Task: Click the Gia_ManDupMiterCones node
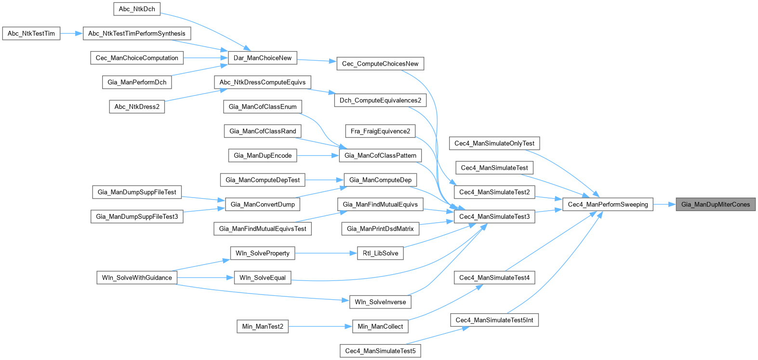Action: click(716, 204)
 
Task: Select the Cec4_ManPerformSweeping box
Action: click(608, 204)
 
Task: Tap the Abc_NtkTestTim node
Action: click(31, 34)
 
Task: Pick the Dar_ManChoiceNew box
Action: click(263, 58)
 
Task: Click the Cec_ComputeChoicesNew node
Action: click(380, 64)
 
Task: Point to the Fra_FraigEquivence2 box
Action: click(380, 131)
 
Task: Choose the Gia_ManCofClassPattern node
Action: click(380, 156)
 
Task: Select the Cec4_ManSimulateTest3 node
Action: click(494, 217)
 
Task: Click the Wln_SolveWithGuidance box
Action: click(137, 278)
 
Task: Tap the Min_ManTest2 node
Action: click(263, 327)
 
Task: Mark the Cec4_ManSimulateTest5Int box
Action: click(494, 320)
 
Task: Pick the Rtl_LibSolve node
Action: click(380, 253)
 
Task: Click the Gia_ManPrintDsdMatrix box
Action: click(380, 229)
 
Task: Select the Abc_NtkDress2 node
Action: click(137, 107)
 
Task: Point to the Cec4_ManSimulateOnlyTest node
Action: click(494, 143)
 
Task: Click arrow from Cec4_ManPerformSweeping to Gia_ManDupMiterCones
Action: click(665, 204)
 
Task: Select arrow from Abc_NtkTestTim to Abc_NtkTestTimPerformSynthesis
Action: click(72, 34)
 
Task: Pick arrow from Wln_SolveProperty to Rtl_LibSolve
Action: click(326, 253)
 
